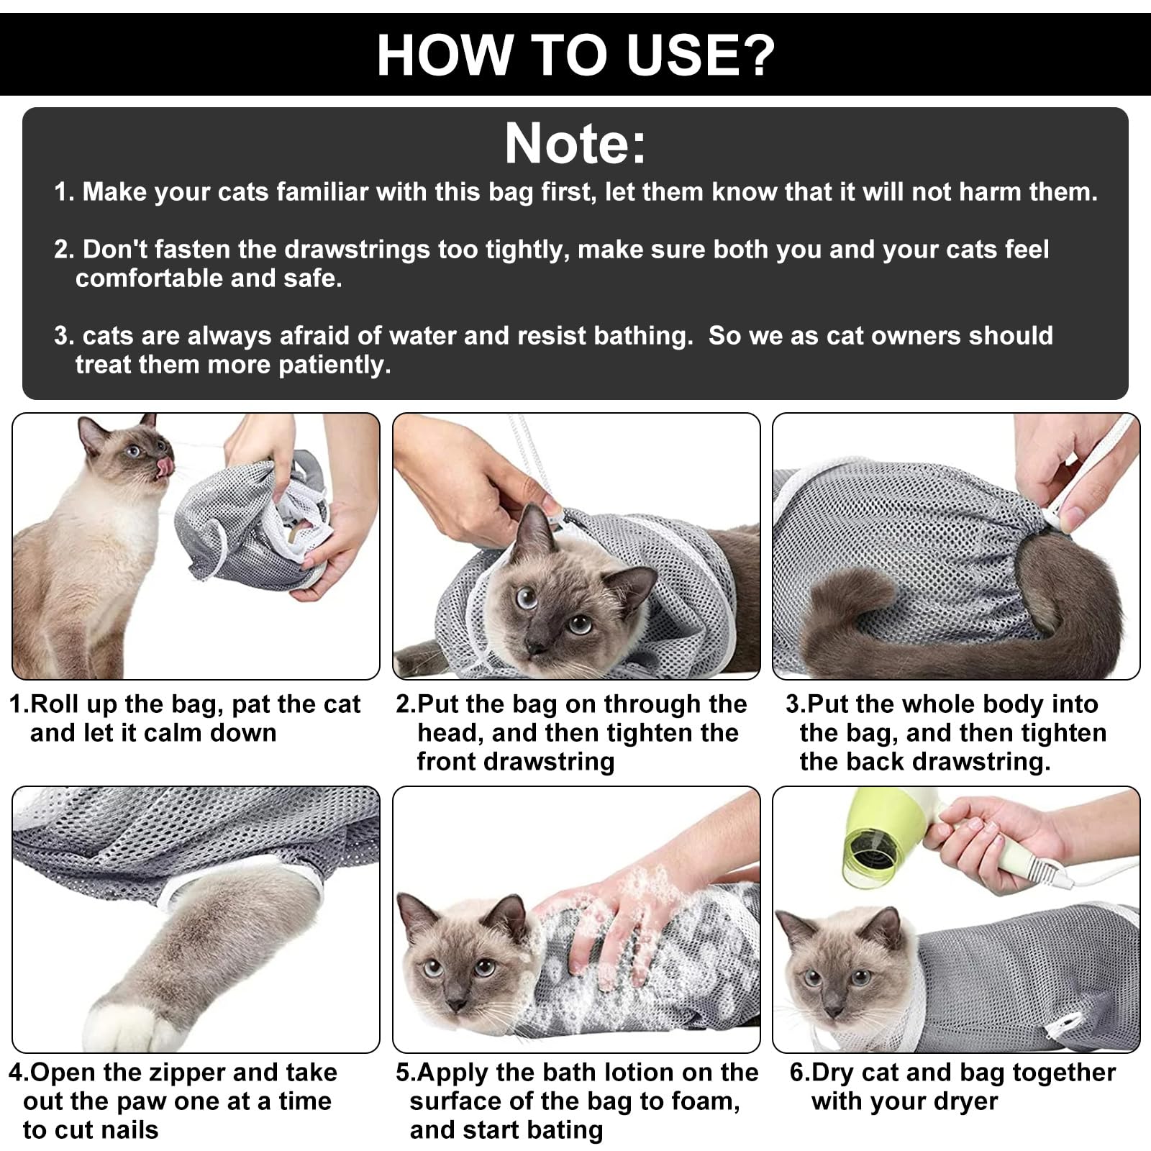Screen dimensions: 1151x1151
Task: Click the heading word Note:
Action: [x=575, y=144]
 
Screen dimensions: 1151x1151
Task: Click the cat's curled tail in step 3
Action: [x=899, y=604]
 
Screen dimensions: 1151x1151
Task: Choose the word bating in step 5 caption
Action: [x=565, y=1130]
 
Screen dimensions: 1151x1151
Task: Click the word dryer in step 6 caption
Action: [x=963, y=1101]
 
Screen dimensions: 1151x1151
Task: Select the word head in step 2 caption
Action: [x=450, y=733]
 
